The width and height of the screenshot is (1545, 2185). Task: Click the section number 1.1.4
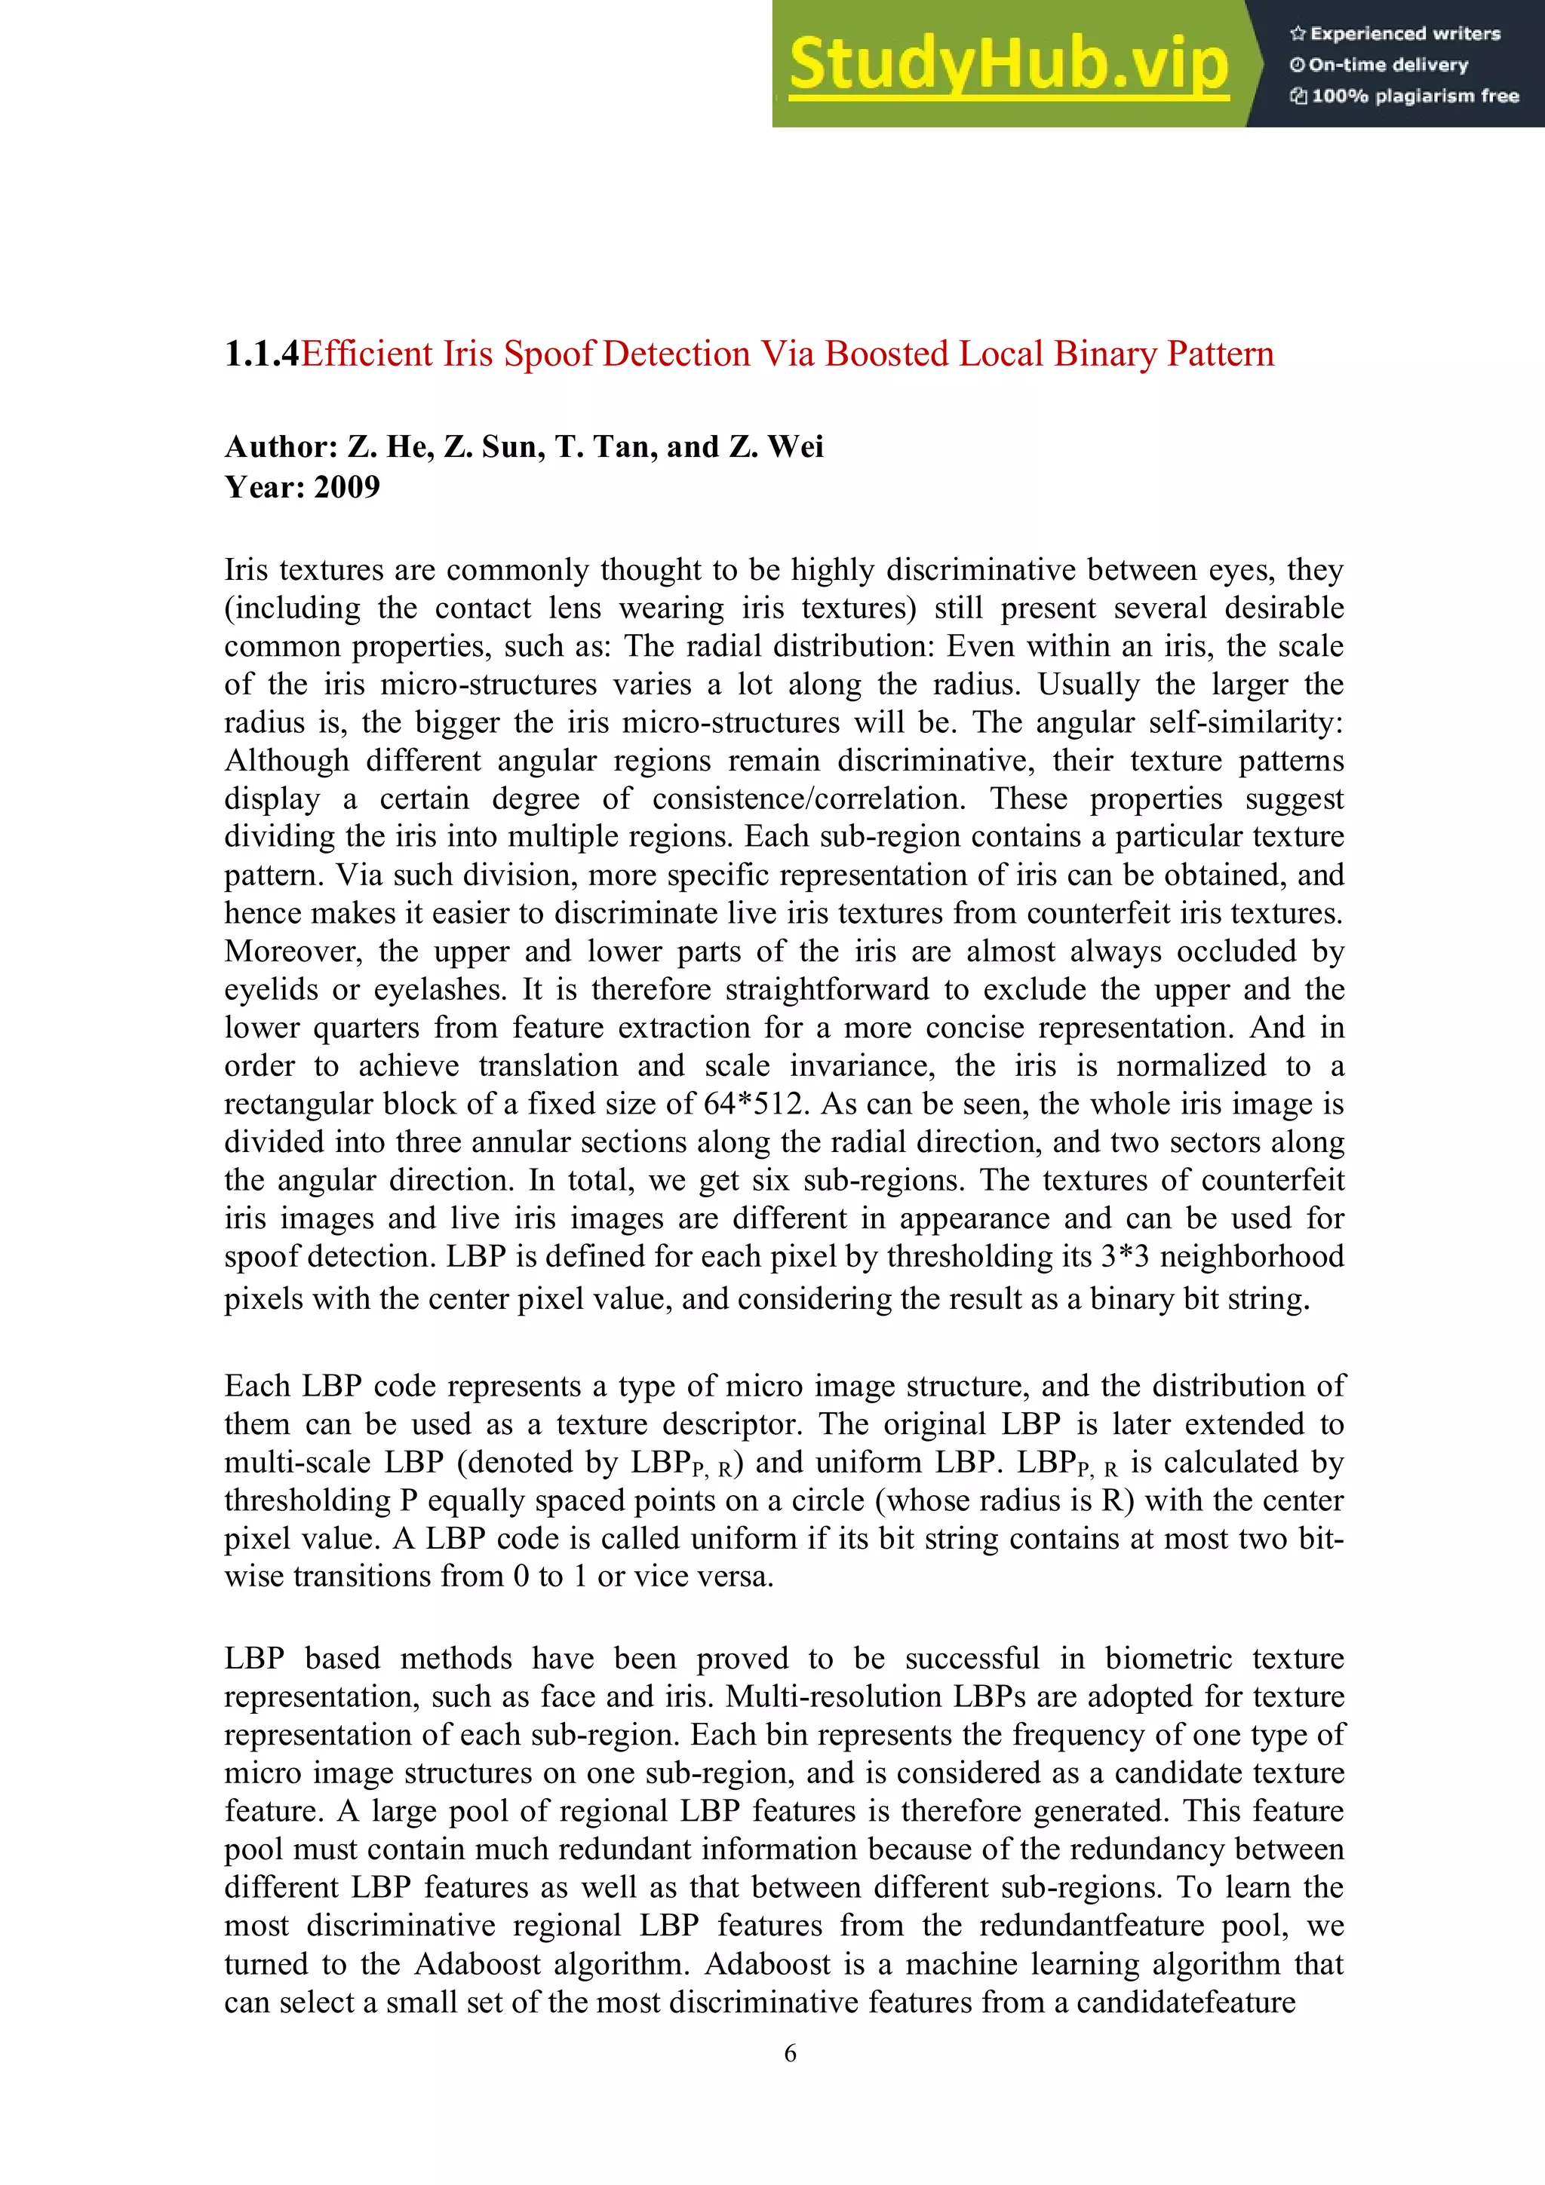point(262,354)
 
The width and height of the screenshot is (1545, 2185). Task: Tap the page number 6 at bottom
point(789,2054)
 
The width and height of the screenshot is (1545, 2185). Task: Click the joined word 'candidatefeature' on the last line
point(1185,2001)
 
